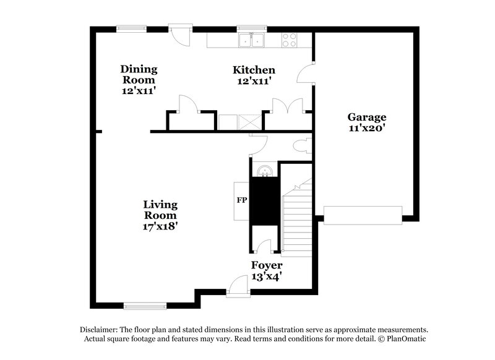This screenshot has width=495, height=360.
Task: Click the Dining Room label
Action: tap(139, 74)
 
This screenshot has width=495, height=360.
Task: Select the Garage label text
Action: tap(366, 117)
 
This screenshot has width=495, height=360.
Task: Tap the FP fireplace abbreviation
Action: tap(241, 200)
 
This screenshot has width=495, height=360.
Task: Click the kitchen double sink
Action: tap(252, 40)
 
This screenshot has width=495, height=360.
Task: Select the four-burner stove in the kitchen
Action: tap(289, 40)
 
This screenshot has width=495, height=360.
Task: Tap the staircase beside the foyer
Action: tap(296, 220)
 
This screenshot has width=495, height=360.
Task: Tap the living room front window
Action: tap(145, 305)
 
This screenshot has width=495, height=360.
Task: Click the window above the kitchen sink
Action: tap(252, 27)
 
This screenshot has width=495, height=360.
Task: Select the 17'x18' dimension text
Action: tap(160, 226)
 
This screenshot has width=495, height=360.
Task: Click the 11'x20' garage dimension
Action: tap(366, 129)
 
